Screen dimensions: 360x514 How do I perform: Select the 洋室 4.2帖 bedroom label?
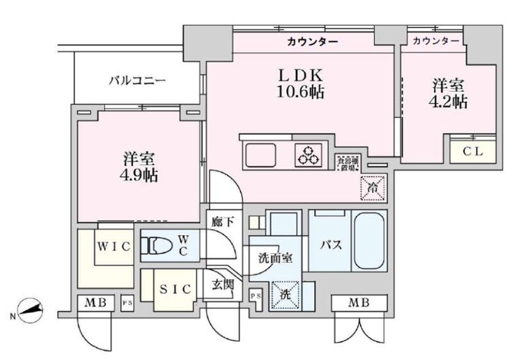[x=449, y=94]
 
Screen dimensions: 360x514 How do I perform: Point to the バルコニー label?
[x=138, y=81]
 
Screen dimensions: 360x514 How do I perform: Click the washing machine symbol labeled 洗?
[x=284, y=294]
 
